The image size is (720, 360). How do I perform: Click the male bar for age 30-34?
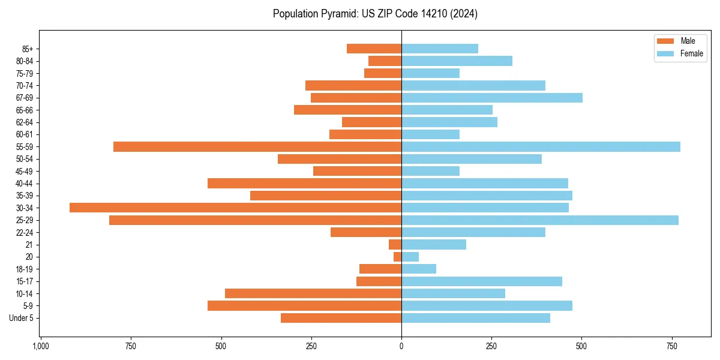coord(235,208)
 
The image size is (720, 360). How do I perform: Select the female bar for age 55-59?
coord(541,146)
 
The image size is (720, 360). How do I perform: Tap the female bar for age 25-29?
coord(540,220)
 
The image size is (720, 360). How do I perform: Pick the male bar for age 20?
coord(398,257)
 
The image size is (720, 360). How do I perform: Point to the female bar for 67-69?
coord(492,98)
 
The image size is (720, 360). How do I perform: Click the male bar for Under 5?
coord(341,318)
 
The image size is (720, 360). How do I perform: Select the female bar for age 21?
coord(434,245)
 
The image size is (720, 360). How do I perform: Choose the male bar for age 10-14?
coord(313,293)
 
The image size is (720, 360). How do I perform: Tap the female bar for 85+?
coord(440,49)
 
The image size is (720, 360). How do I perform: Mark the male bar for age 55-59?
coord(257,146)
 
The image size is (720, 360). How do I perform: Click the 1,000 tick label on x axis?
coord(40,346)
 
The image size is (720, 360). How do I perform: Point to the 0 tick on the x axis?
coord(401,346)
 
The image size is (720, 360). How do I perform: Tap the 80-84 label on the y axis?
coord(24,61)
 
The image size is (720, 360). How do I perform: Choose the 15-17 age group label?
coord(24,281)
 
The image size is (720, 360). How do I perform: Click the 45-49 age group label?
coord(24,171)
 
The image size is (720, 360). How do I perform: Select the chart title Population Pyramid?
coord(375,14)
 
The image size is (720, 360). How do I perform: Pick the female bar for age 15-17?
coord(482,281)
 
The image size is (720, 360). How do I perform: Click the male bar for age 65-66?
coord(347,110)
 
